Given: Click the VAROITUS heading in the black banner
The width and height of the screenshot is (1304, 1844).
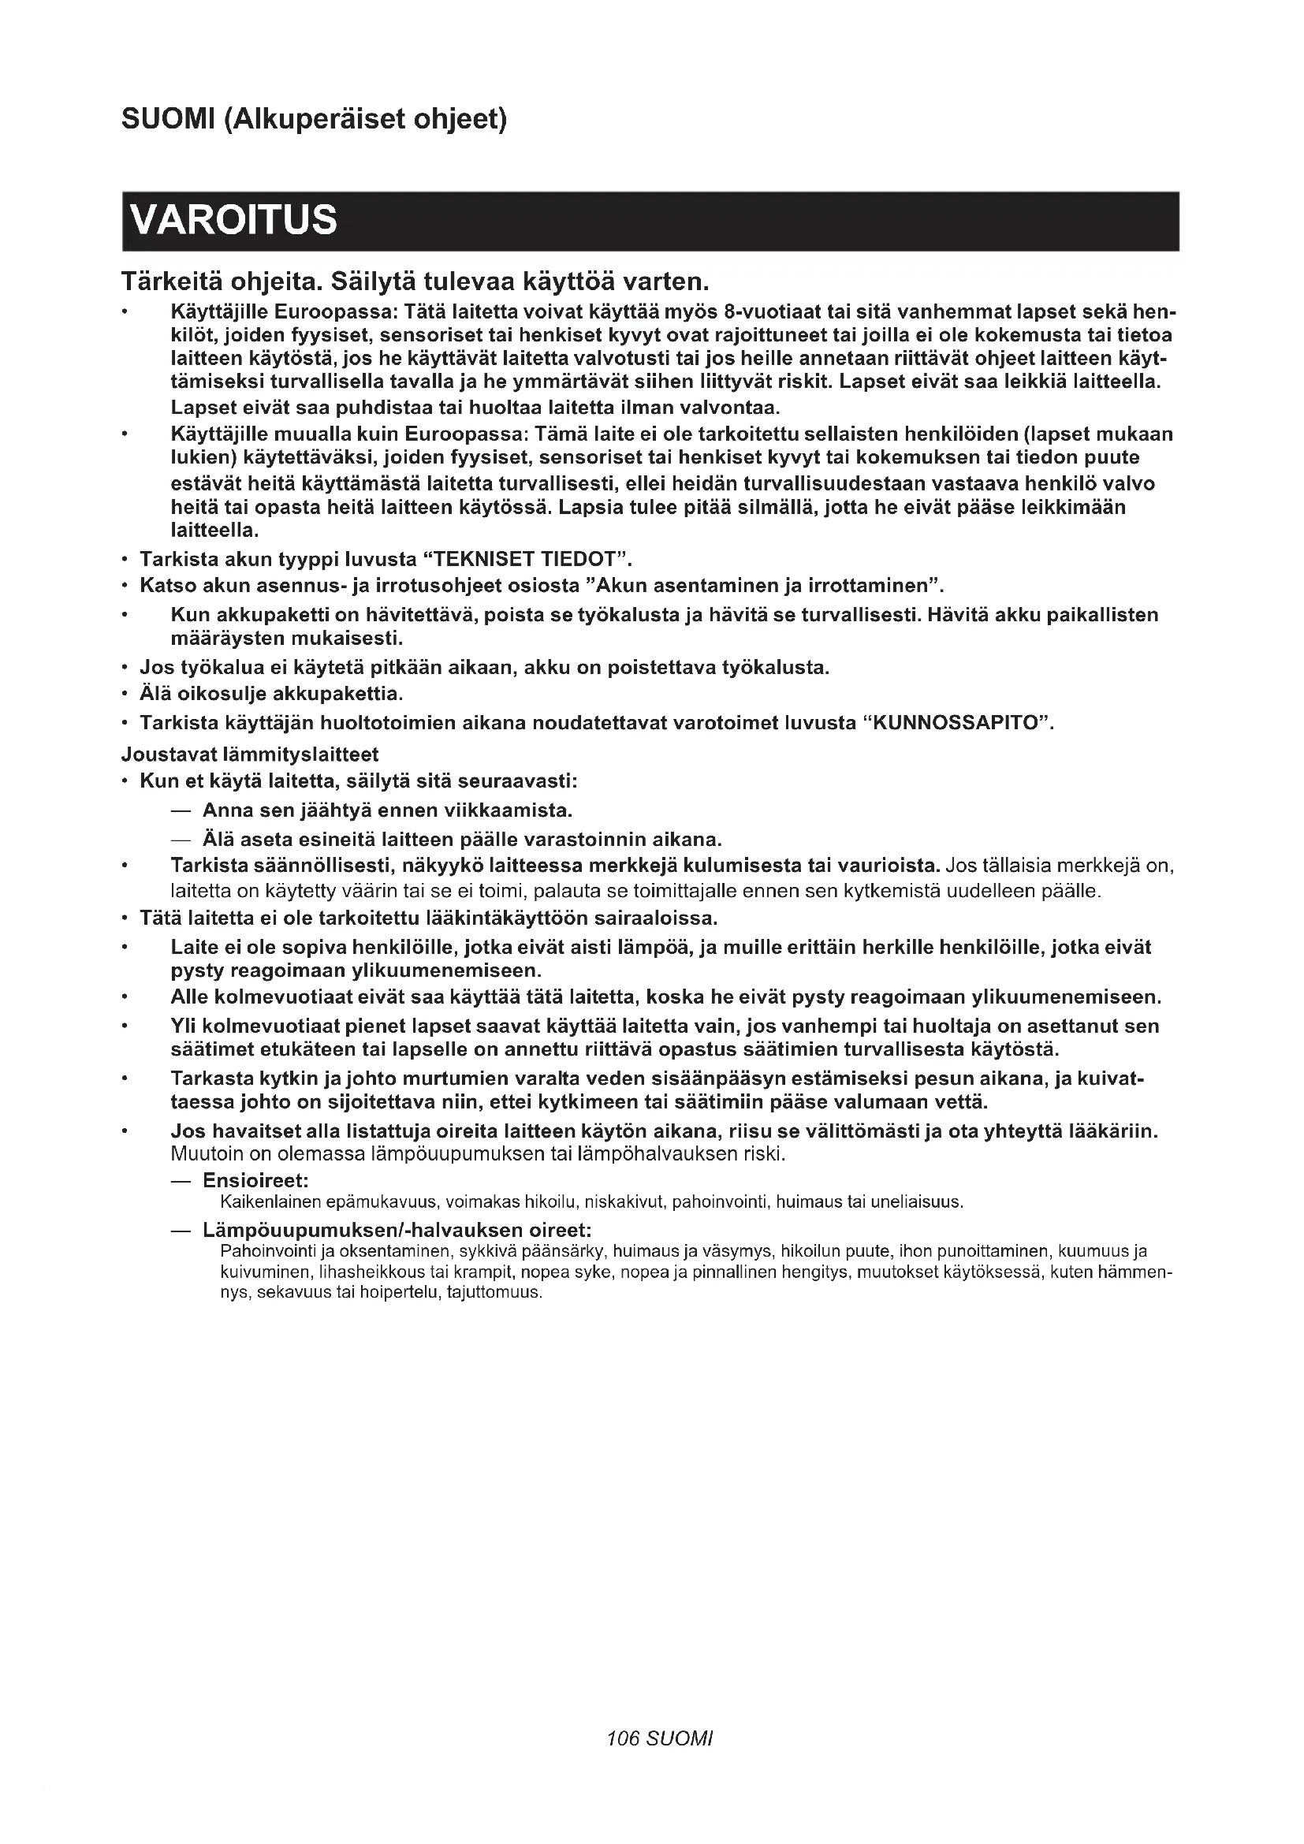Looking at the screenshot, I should click(x=233, y=220).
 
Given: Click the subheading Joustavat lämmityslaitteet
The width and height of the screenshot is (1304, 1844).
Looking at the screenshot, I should click(x=250, y=754).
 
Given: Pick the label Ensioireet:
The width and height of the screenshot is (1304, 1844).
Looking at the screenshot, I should click(x=255, y=1180).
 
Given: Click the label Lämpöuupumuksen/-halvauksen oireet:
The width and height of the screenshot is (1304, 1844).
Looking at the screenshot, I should click(x=397, y=1230).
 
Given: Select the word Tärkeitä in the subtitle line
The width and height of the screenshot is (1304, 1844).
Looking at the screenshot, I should click(x=171, y=282).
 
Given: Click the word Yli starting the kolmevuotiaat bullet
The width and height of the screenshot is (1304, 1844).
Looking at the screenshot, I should click(x=182, y=1026).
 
